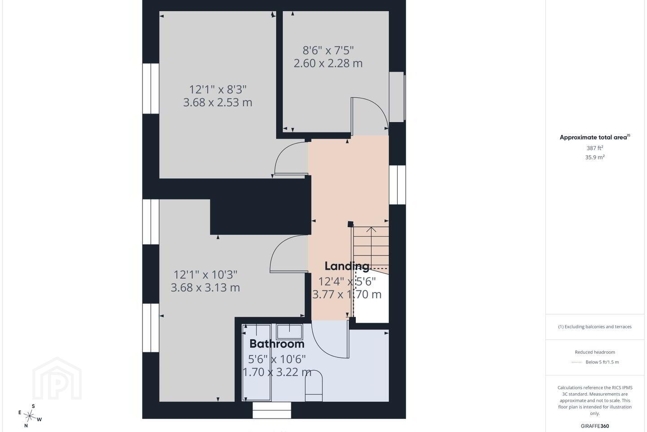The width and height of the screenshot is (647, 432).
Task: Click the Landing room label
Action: (x=347, y=266)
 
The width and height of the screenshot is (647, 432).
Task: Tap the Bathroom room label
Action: (x=277, y=344)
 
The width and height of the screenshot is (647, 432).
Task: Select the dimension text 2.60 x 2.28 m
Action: (x=328, y=63)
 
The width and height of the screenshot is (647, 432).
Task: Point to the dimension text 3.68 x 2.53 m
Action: (x=217, y=102)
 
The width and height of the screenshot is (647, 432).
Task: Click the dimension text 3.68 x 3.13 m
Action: (x=205, y=287)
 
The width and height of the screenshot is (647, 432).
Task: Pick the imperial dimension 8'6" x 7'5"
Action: (x=328, y=50)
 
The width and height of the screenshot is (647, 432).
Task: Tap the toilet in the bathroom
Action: (x=314, y=386)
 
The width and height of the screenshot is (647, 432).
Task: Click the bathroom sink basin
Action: (x=289, y=332)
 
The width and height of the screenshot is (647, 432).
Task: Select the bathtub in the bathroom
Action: (x=256, y=363)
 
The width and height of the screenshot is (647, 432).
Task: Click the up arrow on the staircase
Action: (x=371, y=229)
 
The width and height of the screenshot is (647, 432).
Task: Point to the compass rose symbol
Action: (x=30, y=416)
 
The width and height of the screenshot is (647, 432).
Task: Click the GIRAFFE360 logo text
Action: (x=595, y=426)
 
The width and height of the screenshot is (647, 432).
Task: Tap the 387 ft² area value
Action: (x=595, y=148)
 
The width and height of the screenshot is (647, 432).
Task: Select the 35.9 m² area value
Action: (x=595, y=157)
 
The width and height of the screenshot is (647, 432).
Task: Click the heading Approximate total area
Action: (x=595, y=137)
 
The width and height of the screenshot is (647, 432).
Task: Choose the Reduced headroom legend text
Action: (x=595, y=352)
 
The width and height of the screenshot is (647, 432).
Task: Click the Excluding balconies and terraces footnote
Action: (x=595, y=327)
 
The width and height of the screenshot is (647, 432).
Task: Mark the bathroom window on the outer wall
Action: (x=272, y=410)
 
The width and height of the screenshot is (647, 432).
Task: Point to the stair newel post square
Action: (x=350, y=224)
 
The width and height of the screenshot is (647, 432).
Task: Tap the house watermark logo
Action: (x=57, y=378)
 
